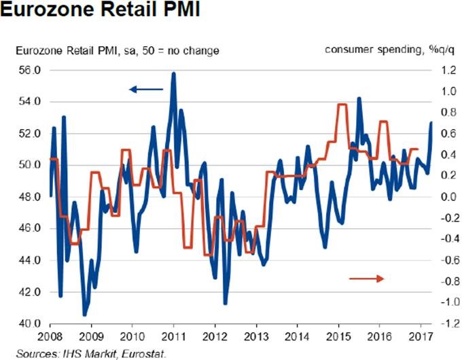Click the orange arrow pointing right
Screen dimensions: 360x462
click(x=367, y=278)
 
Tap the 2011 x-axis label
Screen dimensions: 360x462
click(x=174, y=337)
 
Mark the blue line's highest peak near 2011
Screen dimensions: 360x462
click(x=174, y=73)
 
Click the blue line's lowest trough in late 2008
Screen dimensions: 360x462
click(x=85, y=314)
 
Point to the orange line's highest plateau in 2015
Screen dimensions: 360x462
click(x=342, y=105)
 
